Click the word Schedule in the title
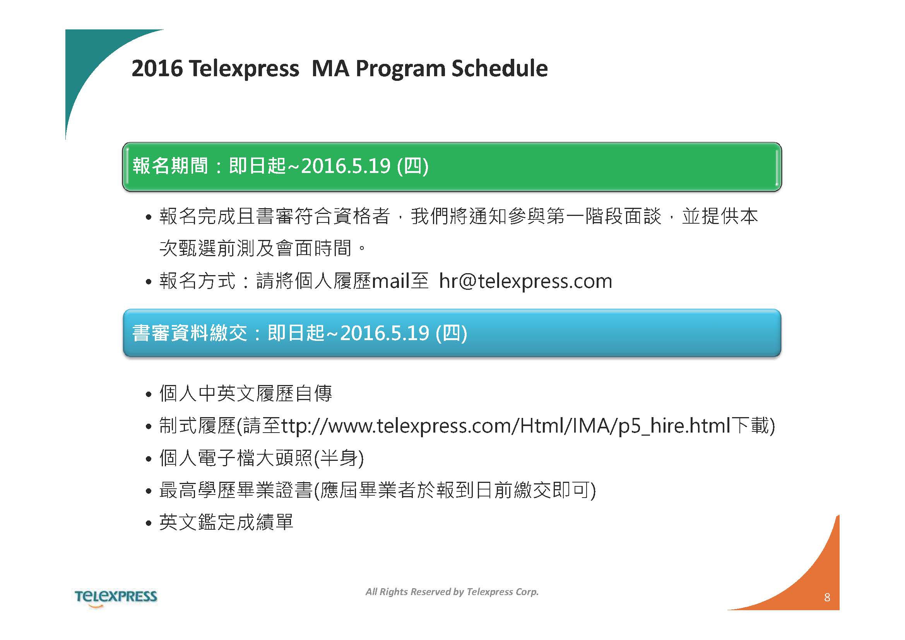point(500,68)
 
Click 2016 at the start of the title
point(157,68)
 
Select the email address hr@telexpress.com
point(525,281)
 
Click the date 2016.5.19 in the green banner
point(346,166)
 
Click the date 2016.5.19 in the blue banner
point(384,333)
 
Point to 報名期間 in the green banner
point(170,166)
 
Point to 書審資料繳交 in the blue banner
point(190,333)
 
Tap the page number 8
point(827,597)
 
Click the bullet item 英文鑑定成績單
point(226,522)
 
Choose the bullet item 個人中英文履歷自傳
point(246,393)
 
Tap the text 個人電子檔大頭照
point(236,458)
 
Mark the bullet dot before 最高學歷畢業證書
point(149,491)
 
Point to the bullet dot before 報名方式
point(149,282)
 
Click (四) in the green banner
point(412,166)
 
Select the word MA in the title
point(330,68)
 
